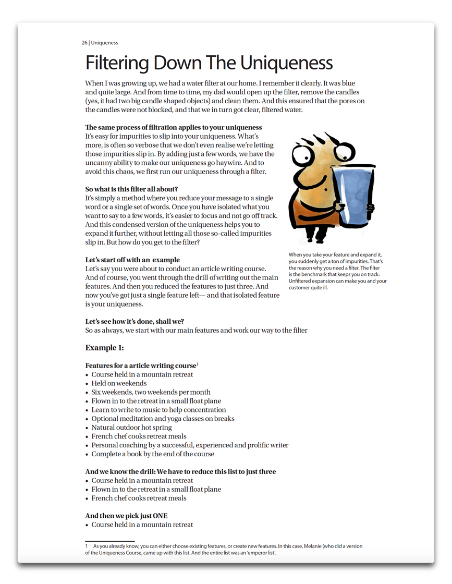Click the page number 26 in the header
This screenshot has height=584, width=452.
84,43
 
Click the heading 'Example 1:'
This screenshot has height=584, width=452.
104,348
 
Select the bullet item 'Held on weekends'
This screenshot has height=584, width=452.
119,383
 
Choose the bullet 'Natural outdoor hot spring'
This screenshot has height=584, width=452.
131,428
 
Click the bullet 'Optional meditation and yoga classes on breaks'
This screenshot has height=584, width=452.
163,419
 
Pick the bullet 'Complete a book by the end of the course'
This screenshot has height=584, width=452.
152,454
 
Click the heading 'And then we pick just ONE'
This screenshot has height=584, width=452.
126,516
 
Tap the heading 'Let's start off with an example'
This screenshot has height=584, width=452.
132,260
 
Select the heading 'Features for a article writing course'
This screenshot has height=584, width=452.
140,366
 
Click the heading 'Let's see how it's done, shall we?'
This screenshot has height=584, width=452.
135,321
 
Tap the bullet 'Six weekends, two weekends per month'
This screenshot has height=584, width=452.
151,392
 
